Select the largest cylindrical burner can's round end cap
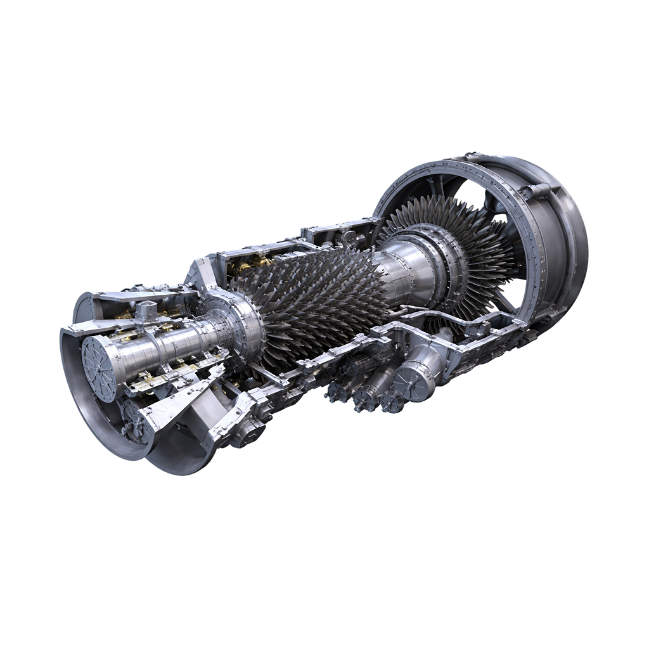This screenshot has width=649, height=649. click(404, 383)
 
